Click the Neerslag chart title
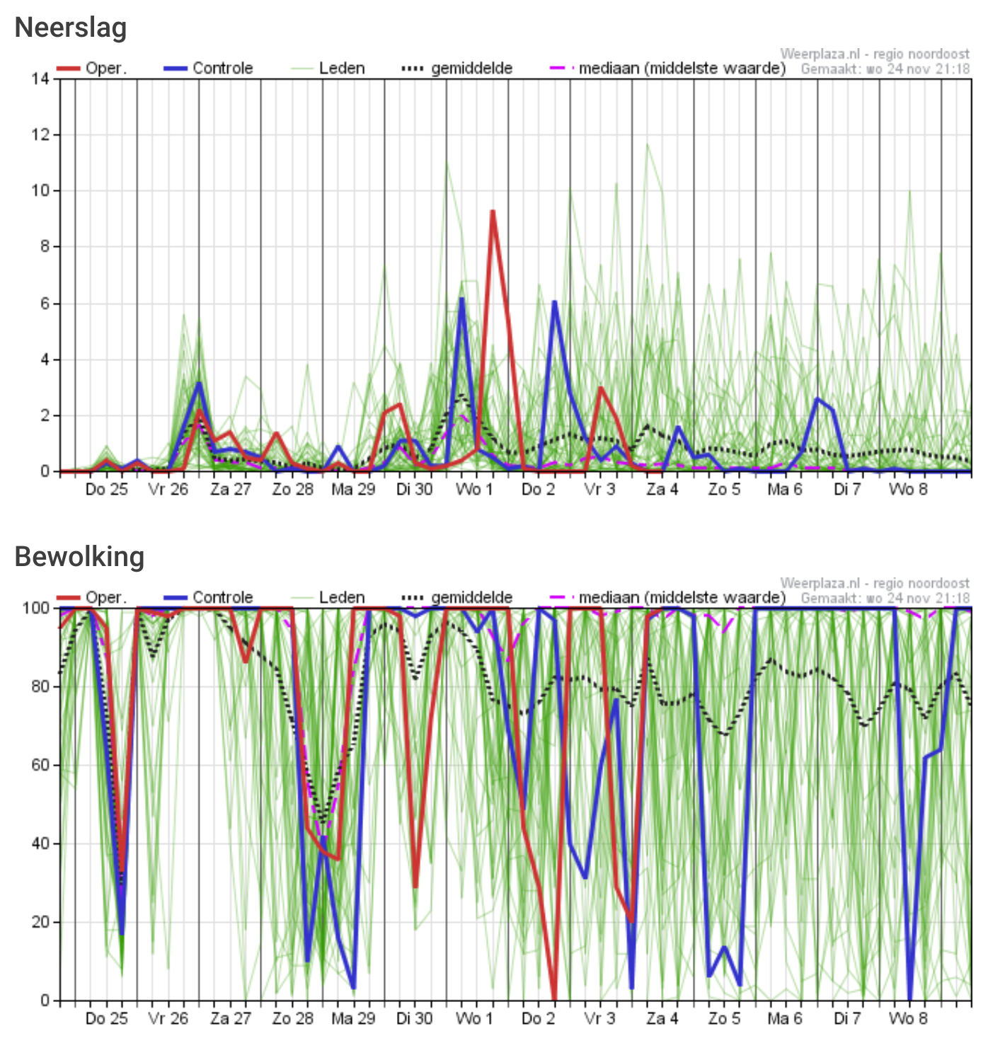(x=71, y=28)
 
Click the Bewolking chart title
(x=79, y=557)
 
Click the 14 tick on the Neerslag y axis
(x=40, y=79)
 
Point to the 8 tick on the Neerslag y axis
(x=45, y=247)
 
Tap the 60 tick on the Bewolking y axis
(x=40, y=765)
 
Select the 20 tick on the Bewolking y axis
(x=40, y=922)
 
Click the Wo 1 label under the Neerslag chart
(x=474, y=490)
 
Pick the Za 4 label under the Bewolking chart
(x=662, y=1019)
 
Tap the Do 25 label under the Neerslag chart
(x=106, y=490)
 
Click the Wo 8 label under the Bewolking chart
(x=908, y=1019)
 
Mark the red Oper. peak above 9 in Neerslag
(x=493, y=212)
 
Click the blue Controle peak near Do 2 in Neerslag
(x=554, y=302)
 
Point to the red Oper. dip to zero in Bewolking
(x=554, y=998)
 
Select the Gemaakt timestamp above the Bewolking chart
(x=885, y=599)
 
